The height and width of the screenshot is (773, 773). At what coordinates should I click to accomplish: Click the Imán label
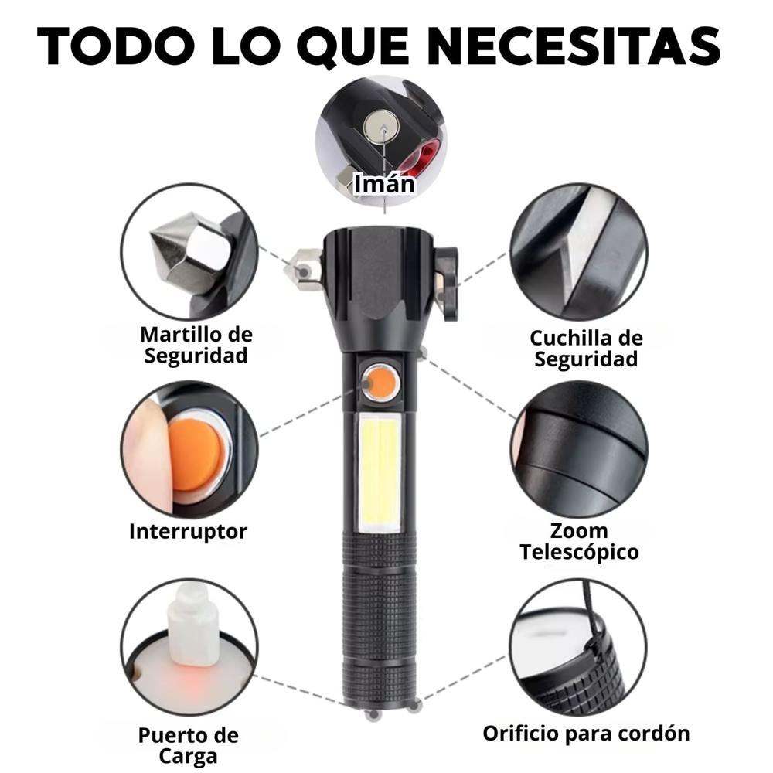point(384,183)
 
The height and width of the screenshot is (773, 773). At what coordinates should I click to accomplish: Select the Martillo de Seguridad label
point(196,345)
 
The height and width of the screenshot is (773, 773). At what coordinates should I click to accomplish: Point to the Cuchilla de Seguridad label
point(586,348)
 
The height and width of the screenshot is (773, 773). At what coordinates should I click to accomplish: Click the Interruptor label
point(188,531)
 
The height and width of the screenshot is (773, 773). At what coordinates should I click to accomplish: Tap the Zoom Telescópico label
point(579,541)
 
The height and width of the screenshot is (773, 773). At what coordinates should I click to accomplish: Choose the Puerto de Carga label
point(189,745)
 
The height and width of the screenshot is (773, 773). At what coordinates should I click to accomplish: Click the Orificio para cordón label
point(586,732)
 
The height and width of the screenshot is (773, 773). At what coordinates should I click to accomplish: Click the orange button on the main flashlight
point(381,383)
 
